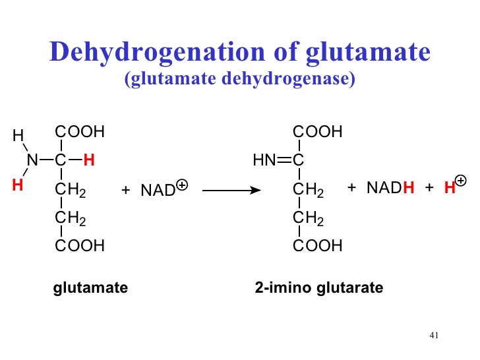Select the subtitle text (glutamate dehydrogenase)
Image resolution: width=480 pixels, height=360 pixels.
tap(240, 80)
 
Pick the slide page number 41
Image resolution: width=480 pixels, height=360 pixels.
tap(433, 335)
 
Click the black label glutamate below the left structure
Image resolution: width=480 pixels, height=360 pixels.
tap(90, 288)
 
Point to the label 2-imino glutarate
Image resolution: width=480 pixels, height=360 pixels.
tap(318, 288)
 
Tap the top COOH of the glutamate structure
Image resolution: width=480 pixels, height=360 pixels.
tap(80, 132)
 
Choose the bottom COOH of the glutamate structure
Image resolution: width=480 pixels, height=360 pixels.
tap(80, 247)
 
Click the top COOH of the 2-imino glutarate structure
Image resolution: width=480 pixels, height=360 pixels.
tap(318, 132)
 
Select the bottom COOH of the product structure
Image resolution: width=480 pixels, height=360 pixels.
tap(318, 247)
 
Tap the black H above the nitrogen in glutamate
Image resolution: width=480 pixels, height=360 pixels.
tap(18, 136)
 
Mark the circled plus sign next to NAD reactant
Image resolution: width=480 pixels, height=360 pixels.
tap(183, 186)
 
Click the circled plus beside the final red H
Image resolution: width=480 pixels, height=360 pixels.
tap(460, 180)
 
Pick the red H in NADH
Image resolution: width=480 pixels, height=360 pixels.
tap(408, 189)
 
